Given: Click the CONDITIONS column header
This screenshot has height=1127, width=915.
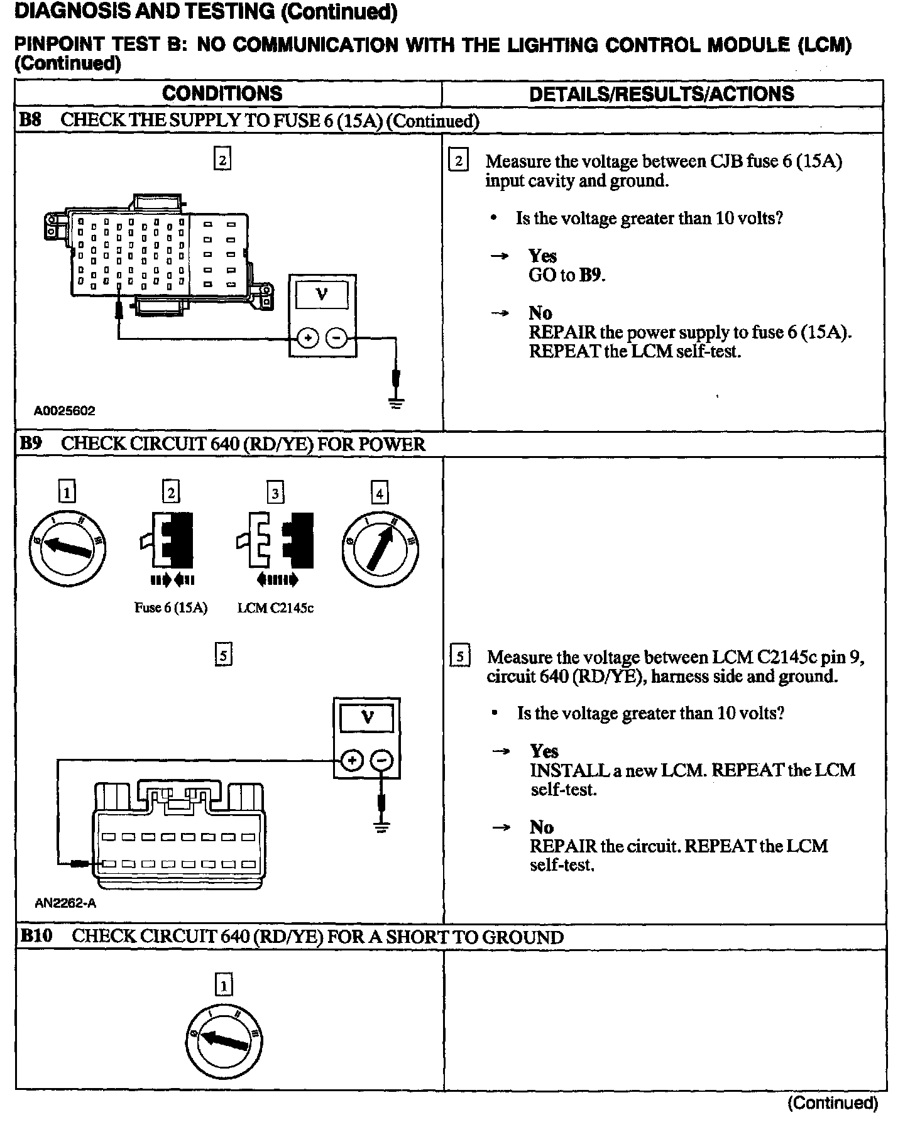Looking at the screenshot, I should pos(222,94).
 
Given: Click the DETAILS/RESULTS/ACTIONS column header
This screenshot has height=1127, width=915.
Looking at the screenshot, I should pos(661,94).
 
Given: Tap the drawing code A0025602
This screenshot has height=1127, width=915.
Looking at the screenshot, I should pos(65,411).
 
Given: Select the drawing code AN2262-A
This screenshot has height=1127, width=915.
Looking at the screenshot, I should pos(65,903).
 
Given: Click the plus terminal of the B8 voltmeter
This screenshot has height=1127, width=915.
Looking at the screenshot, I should pos(307,339).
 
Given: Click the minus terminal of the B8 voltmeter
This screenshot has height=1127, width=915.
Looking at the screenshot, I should pos(337,339).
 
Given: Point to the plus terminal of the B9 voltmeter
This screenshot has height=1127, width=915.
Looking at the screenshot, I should pos(352,761).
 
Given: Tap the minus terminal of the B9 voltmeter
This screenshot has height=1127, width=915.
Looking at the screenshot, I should pos(381,761).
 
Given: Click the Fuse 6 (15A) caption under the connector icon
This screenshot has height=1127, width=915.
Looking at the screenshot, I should pos(171,607).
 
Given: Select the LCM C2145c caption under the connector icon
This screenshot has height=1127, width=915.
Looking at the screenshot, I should pos(275,607).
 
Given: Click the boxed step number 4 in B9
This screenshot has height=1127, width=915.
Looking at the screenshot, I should pos(380,493).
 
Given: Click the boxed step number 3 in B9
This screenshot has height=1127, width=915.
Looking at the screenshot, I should pos(275,493).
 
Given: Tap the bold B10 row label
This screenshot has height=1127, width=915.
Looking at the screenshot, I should pos(35,936).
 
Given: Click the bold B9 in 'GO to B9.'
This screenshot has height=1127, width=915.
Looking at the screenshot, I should pos(591,275).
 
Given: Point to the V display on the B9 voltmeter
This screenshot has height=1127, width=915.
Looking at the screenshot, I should pos(367,717).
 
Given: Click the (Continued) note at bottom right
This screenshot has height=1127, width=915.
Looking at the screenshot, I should pos(832,1102).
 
